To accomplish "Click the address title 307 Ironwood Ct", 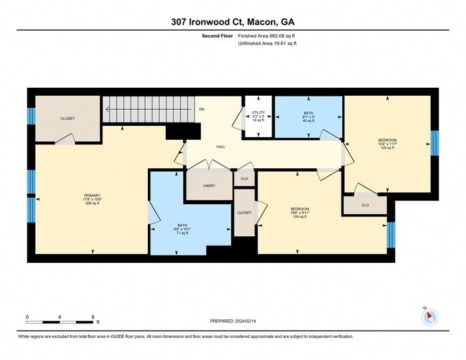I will coord(232,22).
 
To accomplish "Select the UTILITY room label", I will coord(258,113).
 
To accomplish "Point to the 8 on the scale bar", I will coord(93,317).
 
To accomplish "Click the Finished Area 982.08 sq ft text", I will coord(267,36).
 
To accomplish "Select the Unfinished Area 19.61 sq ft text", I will coord(267,43).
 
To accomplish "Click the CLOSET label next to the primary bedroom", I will coord(68,118).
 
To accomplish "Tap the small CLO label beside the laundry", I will coord(244,179).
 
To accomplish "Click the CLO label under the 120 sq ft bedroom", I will coord(365,206).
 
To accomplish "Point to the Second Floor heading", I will coord(217,36).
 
